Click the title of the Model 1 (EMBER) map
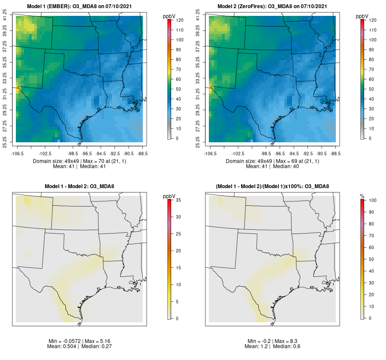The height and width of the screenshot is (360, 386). click(79, 6)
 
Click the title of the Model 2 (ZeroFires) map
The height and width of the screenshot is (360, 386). click(272, 6)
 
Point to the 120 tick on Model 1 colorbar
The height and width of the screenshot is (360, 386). click(180, 20)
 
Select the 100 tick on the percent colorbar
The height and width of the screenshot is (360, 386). click(373, 200)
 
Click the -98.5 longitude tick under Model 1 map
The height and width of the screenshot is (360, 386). click(73, 153)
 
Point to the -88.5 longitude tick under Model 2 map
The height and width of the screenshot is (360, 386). click(335, 153)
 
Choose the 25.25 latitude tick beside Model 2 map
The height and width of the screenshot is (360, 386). click(198, 142)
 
